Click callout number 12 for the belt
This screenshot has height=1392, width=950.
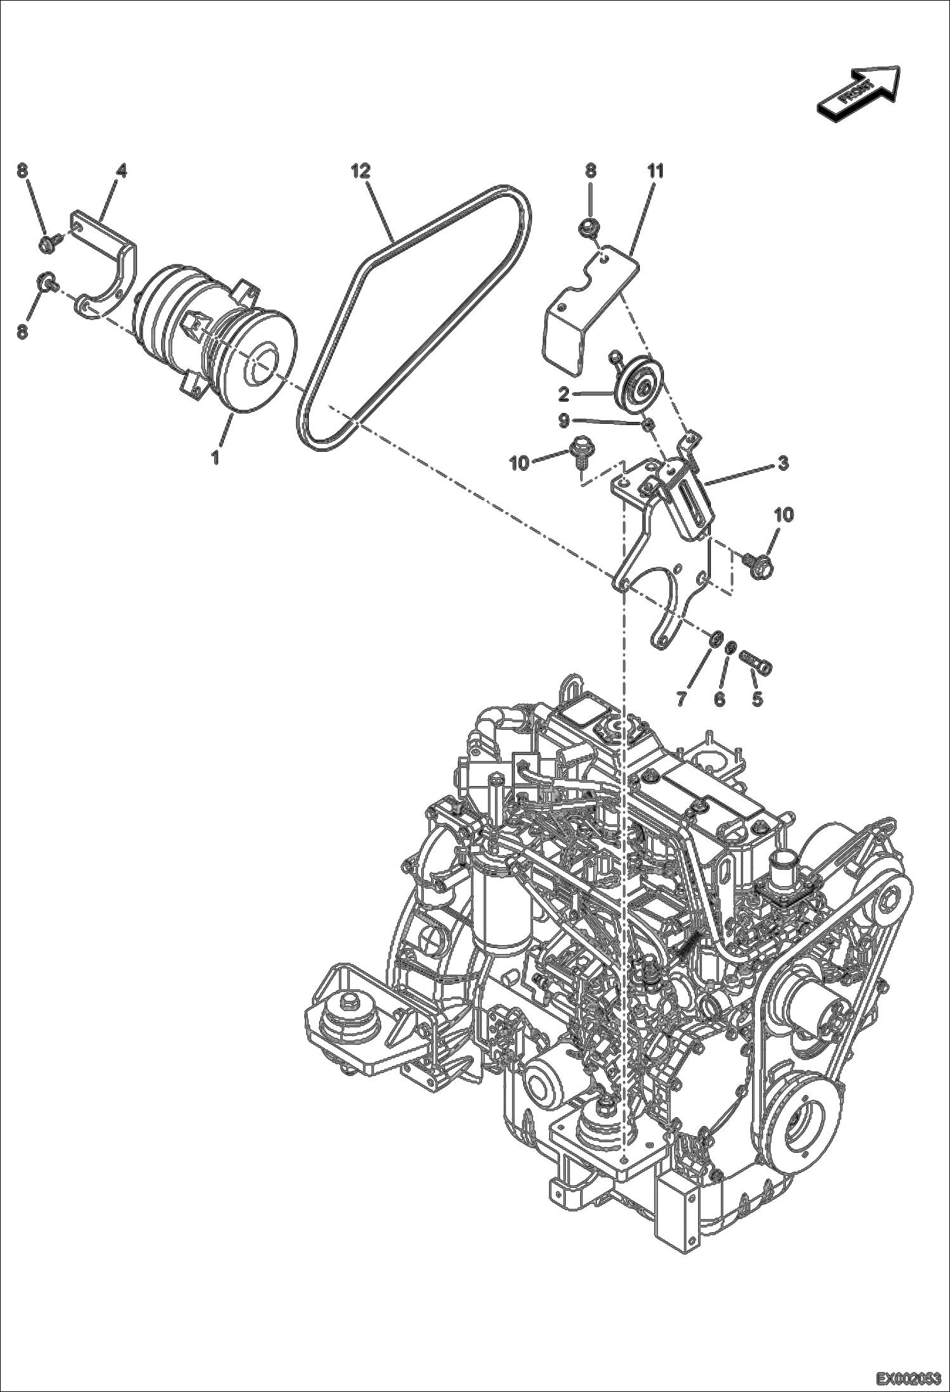[361, 171]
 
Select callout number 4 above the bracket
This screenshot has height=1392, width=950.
[120, 171]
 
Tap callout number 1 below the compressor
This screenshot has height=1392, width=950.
[216, 457]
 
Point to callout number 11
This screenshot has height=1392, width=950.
[655, 171]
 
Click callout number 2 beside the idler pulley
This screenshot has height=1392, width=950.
[564, 394]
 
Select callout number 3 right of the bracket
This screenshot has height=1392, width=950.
[783, 463]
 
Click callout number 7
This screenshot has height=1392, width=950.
[680, 699]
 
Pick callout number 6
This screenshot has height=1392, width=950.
[719, 699]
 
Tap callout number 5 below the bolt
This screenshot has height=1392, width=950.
[757, 699]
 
